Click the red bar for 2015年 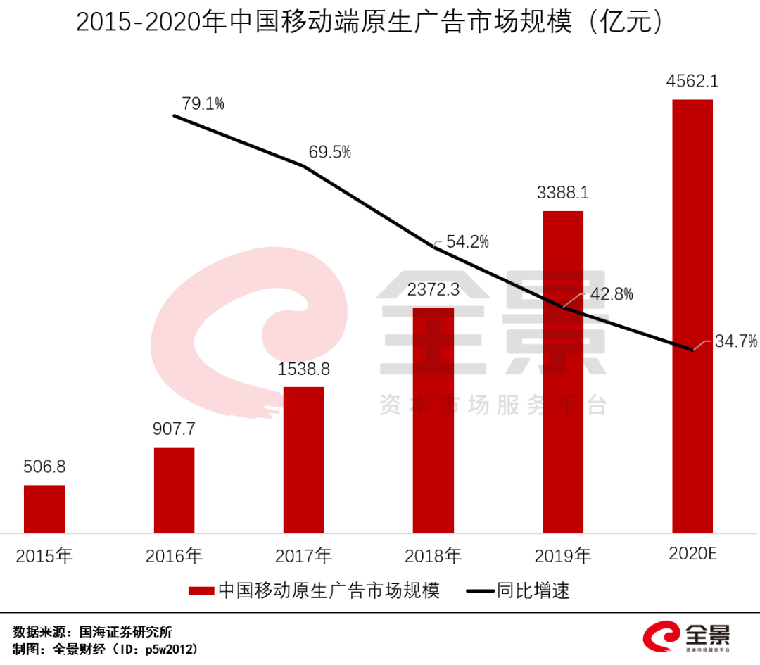[x=44, y=508]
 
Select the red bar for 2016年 [x=174, y=490]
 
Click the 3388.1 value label [x=562, y=193]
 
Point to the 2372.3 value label [x=433, y=289]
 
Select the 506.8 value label [x=44, y=467]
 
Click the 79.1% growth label [x=203, y=104]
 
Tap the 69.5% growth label [x=329, y=152]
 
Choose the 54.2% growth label [x=467, y=242]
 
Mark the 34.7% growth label [x=736, y=342]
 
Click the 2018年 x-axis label [x=433, y=556]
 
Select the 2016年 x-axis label [x=174, y=556]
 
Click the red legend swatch [x=201, y=591]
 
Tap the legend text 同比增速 [x=533, y=590]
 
